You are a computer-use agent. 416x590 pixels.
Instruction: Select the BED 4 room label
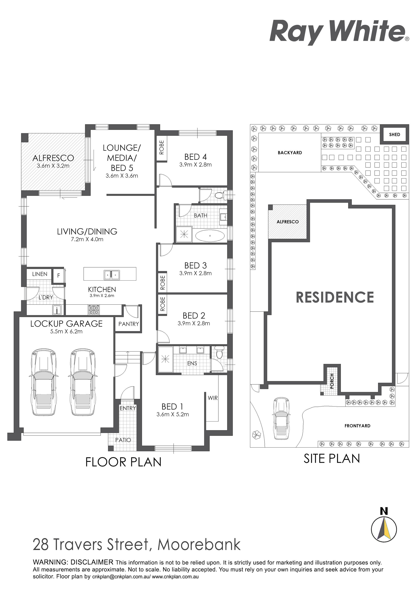tap(196, 157)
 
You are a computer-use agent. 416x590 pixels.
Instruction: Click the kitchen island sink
tap(112, 275)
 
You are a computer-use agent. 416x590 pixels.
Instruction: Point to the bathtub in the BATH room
tap(210, 235)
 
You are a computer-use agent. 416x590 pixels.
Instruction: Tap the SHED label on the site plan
tap(395, 134)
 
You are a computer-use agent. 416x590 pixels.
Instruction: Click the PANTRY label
tap(128, 324)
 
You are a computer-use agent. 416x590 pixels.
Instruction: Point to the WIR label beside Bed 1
tap(213, 398)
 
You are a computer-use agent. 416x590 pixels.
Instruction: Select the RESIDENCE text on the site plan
tap(335, 297)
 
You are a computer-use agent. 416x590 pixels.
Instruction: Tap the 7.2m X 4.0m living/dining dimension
tap(87, 240)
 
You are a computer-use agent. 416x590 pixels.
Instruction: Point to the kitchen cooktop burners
tap(94, 310)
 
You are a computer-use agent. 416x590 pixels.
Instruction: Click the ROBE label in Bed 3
tap(162, 283)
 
